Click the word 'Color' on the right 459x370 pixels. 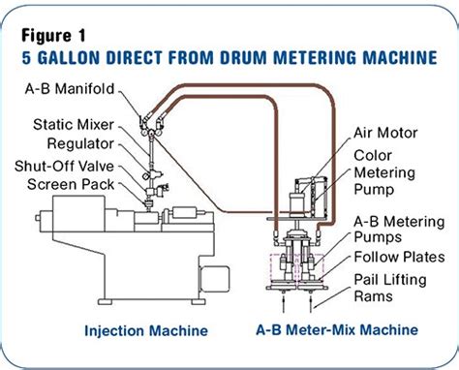click(372, 156)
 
